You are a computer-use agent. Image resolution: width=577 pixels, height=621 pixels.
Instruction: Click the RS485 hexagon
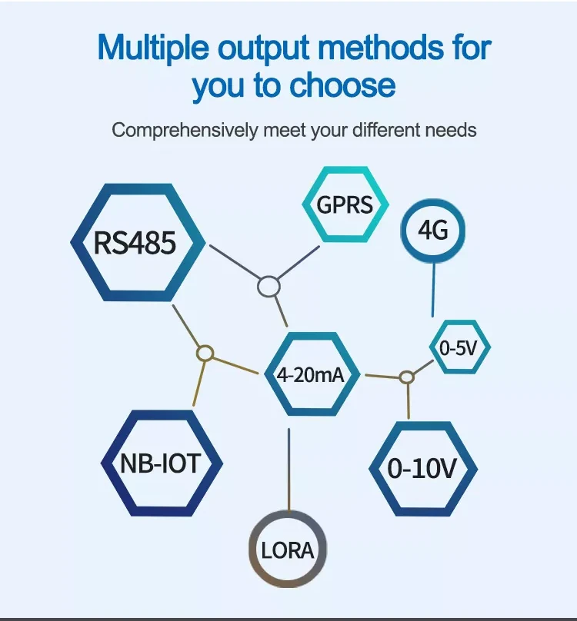[x=137, y=242]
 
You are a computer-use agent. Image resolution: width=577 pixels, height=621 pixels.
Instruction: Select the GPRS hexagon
[x=345, y=205]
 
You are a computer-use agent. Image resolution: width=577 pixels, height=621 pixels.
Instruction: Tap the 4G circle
[x=432, y=230]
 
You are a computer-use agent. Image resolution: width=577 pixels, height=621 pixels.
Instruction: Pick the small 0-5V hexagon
[x=459, y=348]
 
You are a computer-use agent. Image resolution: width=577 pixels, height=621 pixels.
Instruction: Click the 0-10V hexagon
[x=422, y=468]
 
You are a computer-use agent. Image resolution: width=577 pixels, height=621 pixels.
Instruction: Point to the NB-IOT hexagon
[x=161, y=463]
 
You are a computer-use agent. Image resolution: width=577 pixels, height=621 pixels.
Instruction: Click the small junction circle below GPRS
[x=268, y=287]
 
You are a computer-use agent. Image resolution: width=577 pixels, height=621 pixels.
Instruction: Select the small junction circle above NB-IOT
[x=205, y=354]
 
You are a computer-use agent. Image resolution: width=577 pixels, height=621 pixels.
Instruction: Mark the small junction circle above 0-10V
[x=407, y=377]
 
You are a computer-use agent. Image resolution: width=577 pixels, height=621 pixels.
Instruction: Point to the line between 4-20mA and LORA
[x=288, y=469]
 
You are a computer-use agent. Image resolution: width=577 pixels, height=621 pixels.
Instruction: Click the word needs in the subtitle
[x=452, y=130]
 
